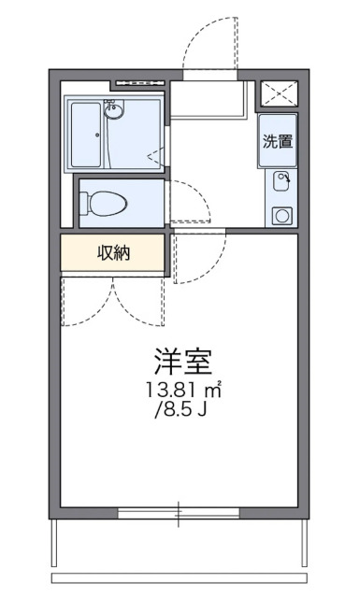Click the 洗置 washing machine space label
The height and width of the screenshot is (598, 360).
[278, 142]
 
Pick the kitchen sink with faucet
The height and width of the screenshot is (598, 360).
[281, 180]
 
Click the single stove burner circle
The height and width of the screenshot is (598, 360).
[281, 215]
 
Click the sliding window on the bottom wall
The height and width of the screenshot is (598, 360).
[180, 512]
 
